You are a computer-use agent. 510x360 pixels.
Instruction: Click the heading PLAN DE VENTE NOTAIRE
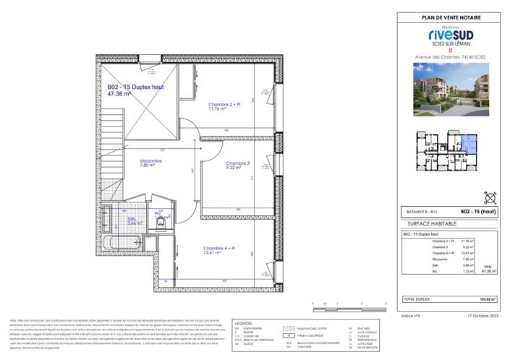tap(450, 17)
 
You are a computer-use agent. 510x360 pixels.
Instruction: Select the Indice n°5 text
tap(412, 316)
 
